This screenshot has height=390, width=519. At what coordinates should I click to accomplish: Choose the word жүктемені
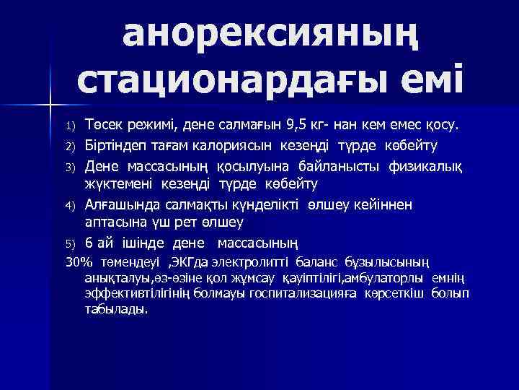point(115,184)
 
